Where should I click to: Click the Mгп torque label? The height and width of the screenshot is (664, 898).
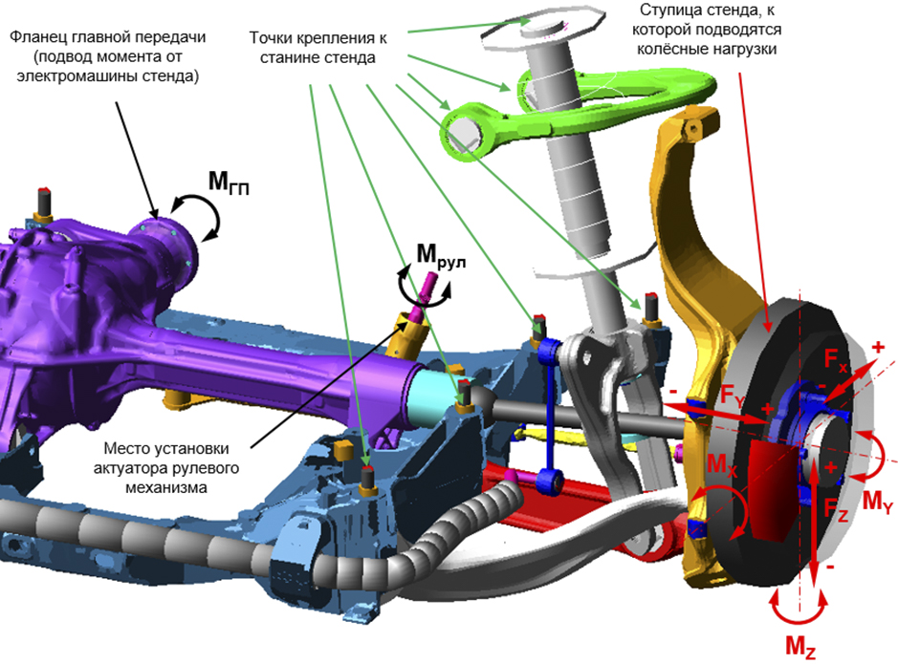[229, 181]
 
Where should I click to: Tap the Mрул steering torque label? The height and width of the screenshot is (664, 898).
[441, 256]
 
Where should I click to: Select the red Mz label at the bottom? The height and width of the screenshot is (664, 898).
[800, 647]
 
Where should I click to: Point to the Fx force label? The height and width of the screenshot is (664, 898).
[837, 360]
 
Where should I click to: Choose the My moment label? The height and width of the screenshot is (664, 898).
[877, 499]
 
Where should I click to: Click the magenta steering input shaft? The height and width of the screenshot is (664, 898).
[425, 290]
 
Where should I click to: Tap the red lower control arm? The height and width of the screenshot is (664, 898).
[574, 487]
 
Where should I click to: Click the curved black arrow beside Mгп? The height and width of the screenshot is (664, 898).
[201, 216]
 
